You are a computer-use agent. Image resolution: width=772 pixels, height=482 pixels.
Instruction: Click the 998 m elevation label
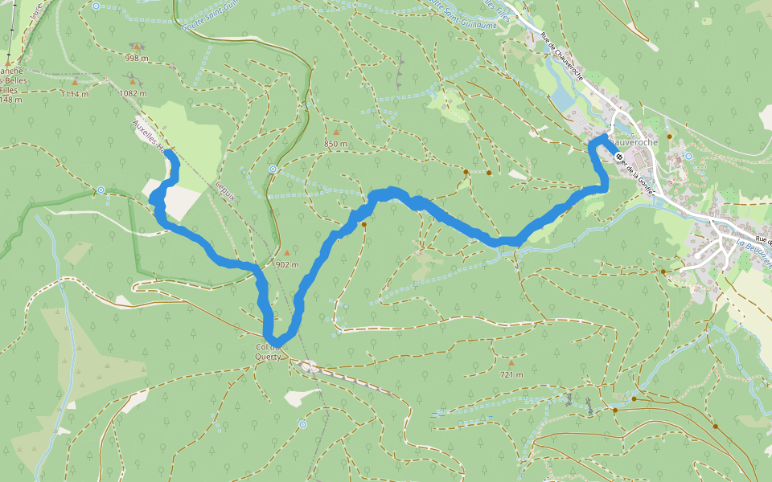[x=137, y=58]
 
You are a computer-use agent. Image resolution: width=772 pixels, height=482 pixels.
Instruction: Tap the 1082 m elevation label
[x=133, y=93]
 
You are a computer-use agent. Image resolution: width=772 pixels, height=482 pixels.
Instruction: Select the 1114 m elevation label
[x=74, y=94]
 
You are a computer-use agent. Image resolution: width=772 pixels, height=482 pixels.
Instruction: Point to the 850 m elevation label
[x=335, y=144]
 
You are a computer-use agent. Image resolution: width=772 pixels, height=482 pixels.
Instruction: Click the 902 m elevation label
[x=287, y=264]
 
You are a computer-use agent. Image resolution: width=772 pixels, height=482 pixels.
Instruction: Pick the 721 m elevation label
[x=511, y=374]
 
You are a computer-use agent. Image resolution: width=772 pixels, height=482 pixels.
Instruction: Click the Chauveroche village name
[x=635, y=142]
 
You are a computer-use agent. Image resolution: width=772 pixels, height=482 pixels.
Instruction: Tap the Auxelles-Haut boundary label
[x=150, y=137]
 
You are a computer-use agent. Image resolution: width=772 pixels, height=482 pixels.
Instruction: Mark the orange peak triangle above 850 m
[x=335, y=132]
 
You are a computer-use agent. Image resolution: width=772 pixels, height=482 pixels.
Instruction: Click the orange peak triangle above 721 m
[x=511, y=362]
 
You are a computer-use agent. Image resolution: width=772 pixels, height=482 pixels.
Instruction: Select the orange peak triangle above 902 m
[x=286, y=252]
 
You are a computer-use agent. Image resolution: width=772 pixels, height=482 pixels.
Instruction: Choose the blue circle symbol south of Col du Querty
[x=302, y=423]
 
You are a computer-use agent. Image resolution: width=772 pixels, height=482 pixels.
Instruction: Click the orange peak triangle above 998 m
[x=137, y=46]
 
